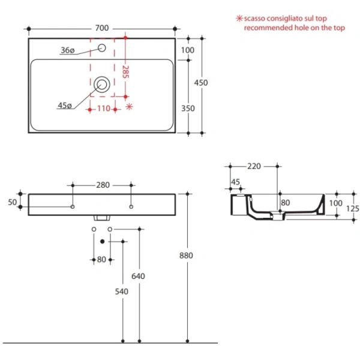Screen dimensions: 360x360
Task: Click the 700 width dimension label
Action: tap(102, 28)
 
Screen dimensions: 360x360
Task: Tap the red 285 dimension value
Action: tap(125, 72)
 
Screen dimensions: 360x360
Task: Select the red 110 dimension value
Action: tap(103, 109)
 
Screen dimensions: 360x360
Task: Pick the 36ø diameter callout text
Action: tap(67, 51)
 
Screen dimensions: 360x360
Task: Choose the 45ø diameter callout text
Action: tap(64, 106)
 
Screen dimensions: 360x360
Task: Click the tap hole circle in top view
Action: tap(102, 48)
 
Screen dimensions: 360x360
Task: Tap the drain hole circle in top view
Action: tap(102, 84)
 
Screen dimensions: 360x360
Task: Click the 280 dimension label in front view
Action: tap(103, 185)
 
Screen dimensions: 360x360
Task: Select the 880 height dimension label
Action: tap(187, 256)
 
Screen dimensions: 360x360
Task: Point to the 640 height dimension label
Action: tap(139, 276)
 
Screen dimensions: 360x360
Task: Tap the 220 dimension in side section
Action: tap(254, 166)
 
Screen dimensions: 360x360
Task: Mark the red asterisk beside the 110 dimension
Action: tap(129, 107)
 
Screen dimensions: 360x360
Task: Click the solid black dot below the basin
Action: tap(102, 241)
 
